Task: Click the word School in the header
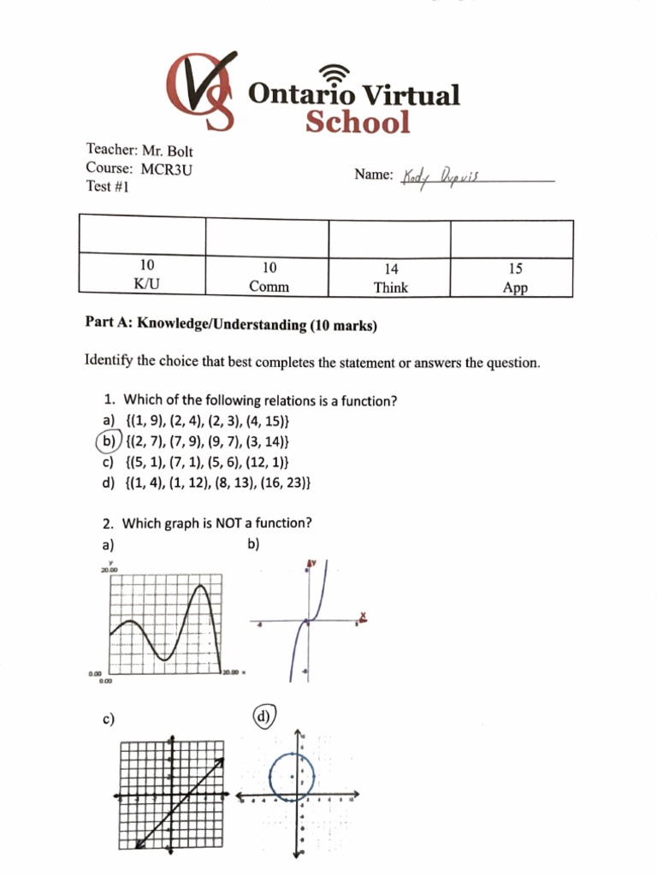click(x=358, y=122)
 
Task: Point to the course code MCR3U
click(x=167, y=169)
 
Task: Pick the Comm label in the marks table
click(x=269, y=287)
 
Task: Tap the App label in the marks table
click(x=515, y=288)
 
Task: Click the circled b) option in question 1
click(x=106, y=441)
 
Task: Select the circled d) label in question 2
click(x=265, y=717)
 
